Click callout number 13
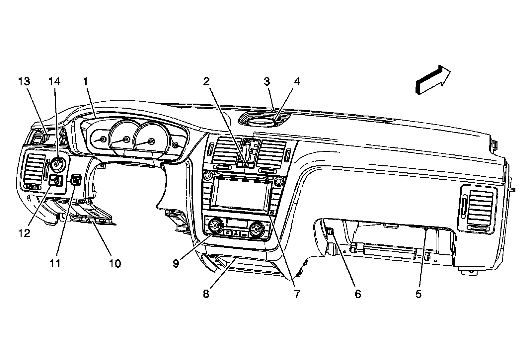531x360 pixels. [x=24, y=82]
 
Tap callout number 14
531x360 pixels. [x=55, y=82]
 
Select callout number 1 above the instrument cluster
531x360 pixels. [x=85, y=82]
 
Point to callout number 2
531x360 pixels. [x=206, y=82]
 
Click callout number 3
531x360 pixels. [x=267, y=82]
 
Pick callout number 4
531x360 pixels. [x=297, y=82]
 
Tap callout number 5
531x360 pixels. [x=418, y=294]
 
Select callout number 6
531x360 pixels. [x=358, y=294]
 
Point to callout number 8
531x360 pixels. [x=206, y=294]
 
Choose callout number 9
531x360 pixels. [x=176, y=263]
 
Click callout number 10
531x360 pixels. [x=115, y=263]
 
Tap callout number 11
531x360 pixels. [x=55, y=263]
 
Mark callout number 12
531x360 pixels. [x=24, y=233]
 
